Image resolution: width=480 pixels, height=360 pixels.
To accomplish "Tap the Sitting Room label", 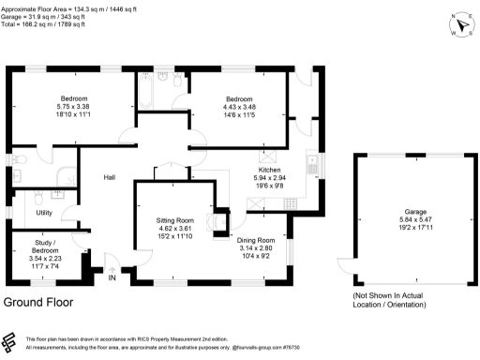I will tap(173, 219).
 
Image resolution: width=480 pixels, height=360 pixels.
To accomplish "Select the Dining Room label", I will tap(255, 240).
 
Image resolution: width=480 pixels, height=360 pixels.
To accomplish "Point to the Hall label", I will tap(110, 176).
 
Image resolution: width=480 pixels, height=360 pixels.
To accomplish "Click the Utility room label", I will tap(44, 213).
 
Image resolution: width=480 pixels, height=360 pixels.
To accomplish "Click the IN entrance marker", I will tap(112, 277).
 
